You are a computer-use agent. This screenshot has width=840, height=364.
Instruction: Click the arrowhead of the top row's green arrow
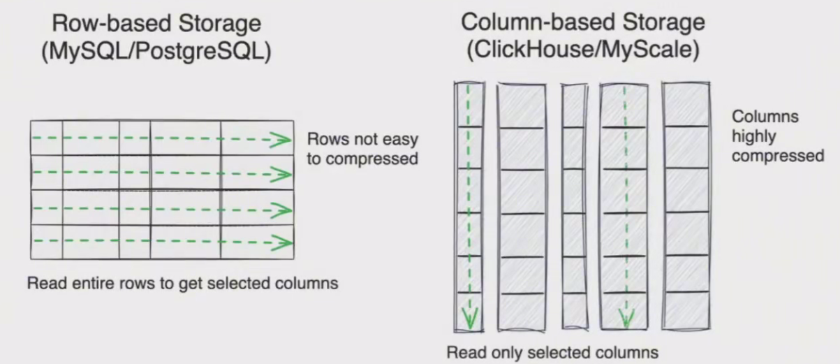281,140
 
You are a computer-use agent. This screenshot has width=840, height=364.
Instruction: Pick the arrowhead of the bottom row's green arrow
281,243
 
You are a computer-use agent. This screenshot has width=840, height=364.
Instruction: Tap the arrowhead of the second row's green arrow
281,173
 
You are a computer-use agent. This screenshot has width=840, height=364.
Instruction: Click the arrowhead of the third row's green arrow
281,210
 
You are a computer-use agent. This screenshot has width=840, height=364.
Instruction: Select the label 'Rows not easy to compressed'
362,148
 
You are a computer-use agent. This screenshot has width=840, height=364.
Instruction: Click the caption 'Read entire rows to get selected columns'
183,284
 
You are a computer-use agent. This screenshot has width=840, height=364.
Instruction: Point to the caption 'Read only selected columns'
552,352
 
